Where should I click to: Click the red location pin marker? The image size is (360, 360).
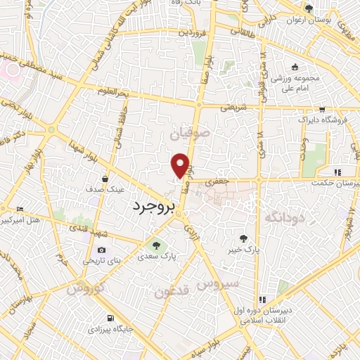181,165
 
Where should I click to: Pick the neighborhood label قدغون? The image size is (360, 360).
172,291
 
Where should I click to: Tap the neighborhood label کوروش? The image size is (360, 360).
86,288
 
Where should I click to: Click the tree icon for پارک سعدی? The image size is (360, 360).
156,245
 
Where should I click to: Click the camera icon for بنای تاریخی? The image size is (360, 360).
102,250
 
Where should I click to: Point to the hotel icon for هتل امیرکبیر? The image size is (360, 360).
20,210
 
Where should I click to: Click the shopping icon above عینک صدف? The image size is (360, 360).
105,179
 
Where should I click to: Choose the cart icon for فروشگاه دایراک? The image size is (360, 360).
321,109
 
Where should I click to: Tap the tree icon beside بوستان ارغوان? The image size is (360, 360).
309,8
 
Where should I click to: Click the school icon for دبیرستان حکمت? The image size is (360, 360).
337,172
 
